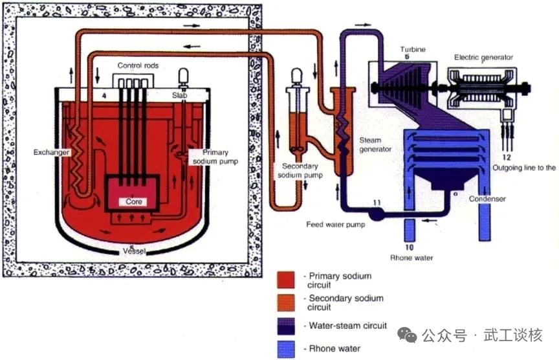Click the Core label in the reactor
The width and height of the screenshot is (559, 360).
134,201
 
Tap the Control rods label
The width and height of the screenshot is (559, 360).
138,66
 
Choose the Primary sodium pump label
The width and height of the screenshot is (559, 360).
216,157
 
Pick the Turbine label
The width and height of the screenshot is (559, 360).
412,49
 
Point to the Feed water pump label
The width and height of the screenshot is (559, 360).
336,225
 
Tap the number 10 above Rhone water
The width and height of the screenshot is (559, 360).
409,247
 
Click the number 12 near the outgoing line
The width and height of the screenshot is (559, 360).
507,157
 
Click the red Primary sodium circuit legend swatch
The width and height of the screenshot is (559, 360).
287,280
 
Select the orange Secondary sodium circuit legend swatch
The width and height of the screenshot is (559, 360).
287,302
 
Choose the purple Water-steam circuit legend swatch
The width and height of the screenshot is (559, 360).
287,326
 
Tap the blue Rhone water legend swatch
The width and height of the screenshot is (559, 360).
287,349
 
